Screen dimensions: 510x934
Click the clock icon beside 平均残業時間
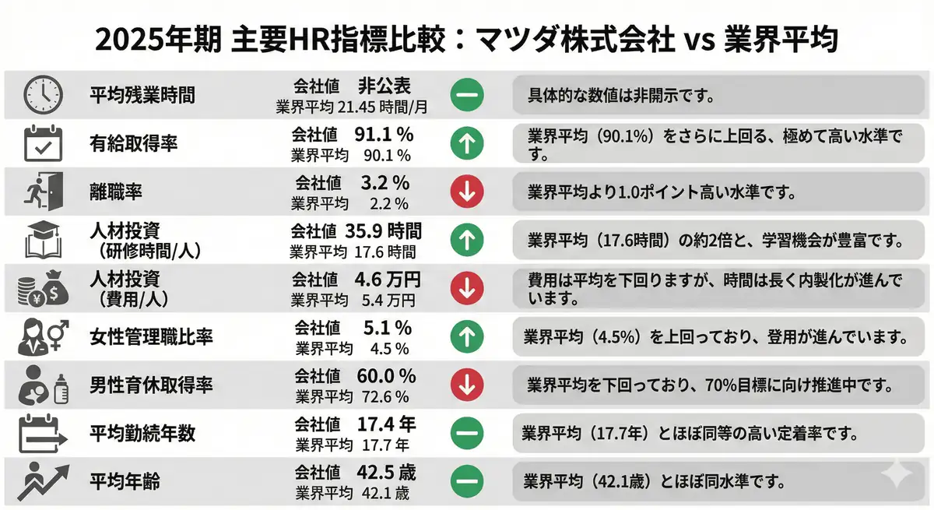click(41, 95)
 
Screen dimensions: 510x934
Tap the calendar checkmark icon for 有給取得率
click(41, 142)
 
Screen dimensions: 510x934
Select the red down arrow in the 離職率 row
click(467, 190)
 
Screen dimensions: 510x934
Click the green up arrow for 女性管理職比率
click(467, 337)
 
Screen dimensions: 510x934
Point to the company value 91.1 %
click(383, 134)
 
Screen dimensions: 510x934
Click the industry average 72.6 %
click(385, 397)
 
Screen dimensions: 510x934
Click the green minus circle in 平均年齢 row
click(467, 480)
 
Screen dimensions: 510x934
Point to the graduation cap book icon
click(41, 240)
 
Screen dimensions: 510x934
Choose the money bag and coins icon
click(41, 288)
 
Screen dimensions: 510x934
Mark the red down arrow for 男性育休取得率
click(467, 385)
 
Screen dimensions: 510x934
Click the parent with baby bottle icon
click(41, 384)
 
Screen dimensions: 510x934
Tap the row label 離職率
click(116, 191)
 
